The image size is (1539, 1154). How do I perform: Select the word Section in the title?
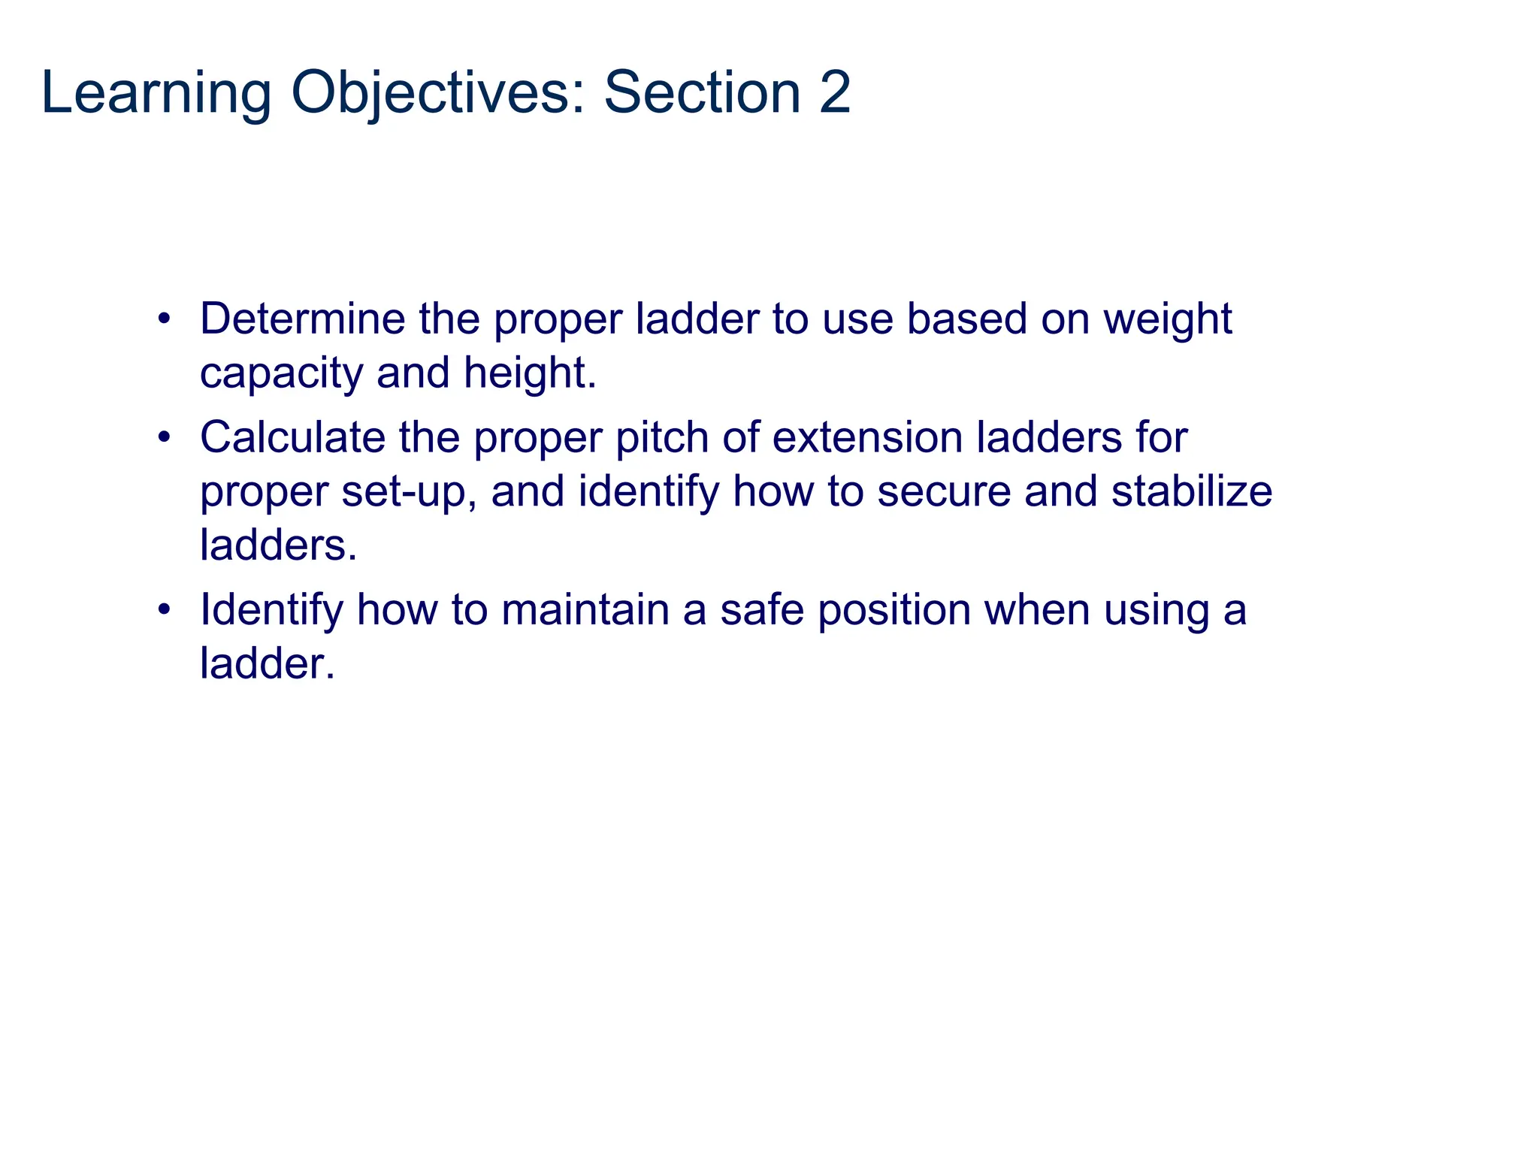point(703,93)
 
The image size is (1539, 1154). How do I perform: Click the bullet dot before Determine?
point(164,319)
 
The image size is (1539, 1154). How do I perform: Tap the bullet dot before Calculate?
point(164,437)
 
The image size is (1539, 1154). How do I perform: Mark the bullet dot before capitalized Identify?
point(164,609)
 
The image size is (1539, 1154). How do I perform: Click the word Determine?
point(302,319)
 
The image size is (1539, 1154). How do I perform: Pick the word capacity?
point(281,373)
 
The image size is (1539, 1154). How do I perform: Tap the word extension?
point(867,437)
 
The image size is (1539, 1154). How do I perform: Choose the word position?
point(894,609)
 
